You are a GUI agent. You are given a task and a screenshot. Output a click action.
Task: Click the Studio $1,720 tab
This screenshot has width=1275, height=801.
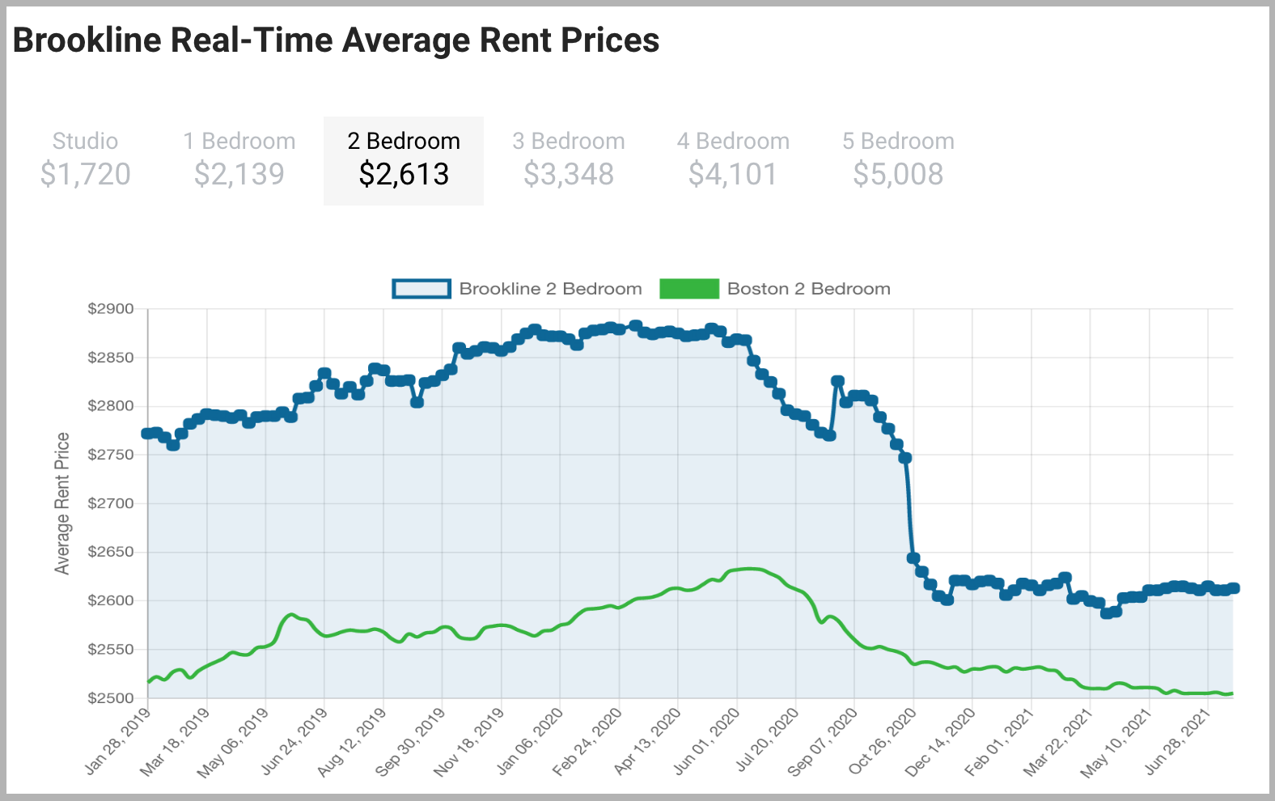[85, 159]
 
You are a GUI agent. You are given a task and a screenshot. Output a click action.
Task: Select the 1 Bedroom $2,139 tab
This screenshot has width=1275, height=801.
[239, 159]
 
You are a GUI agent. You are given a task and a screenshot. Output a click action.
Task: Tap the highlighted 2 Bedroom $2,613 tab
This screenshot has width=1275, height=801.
[404, 160]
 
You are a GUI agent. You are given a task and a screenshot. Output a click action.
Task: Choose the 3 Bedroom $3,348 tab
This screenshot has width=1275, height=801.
[569, 159]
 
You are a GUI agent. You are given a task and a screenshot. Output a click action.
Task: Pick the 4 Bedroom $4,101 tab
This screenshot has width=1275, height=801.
[733, 159]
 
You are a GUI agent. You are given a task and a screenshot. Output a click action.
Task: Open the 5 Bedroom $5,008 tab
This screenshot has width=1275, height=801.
[898, 159]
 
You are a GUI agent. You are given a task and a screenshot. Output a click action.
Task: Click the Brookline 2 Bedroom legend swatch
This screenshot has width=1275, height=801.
[421, 289]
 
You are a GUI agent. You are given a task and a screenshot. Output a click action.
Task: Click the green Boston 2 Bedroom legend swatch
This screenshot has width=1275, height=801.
[689, 289]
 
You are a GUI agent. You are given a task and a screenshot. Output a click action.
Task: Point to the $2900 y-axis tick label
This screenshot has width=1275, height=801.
[111, 309]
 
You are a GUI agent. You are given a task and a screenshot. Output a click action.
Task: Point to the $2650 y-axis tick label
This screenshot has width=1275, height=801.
[111, 552]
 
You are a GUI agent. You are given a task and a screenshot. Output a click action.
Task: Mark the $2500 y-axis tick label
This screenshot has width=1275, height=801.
[111, 698]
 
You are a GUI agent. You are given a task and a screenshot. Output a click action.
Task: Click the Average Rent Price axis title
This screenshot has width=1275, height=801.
[62, 503]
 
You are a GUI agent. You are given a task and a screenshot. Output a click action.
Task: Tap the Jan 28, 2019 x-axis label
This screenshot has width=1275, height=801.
[118, 741]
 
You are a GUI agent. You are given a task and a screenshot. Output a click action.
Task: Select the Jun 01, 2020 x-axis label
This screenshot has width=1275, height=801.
[707, 741]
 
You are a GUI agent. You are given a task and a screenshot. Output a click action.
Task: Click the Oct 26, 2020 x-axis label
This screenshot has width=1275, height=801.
[883, 741]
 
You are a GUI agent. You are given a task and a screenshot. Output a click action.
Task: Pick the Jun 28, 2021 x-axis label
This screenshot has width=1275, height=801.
[1178, 741]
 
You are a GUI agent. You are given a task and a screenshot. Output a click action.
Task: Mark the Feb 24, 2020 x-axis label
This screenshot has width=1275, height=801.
[588, 741]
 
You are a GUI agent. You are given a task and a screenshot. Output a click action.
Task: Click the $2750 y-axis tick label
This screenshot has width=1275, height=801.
[111, 455]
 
